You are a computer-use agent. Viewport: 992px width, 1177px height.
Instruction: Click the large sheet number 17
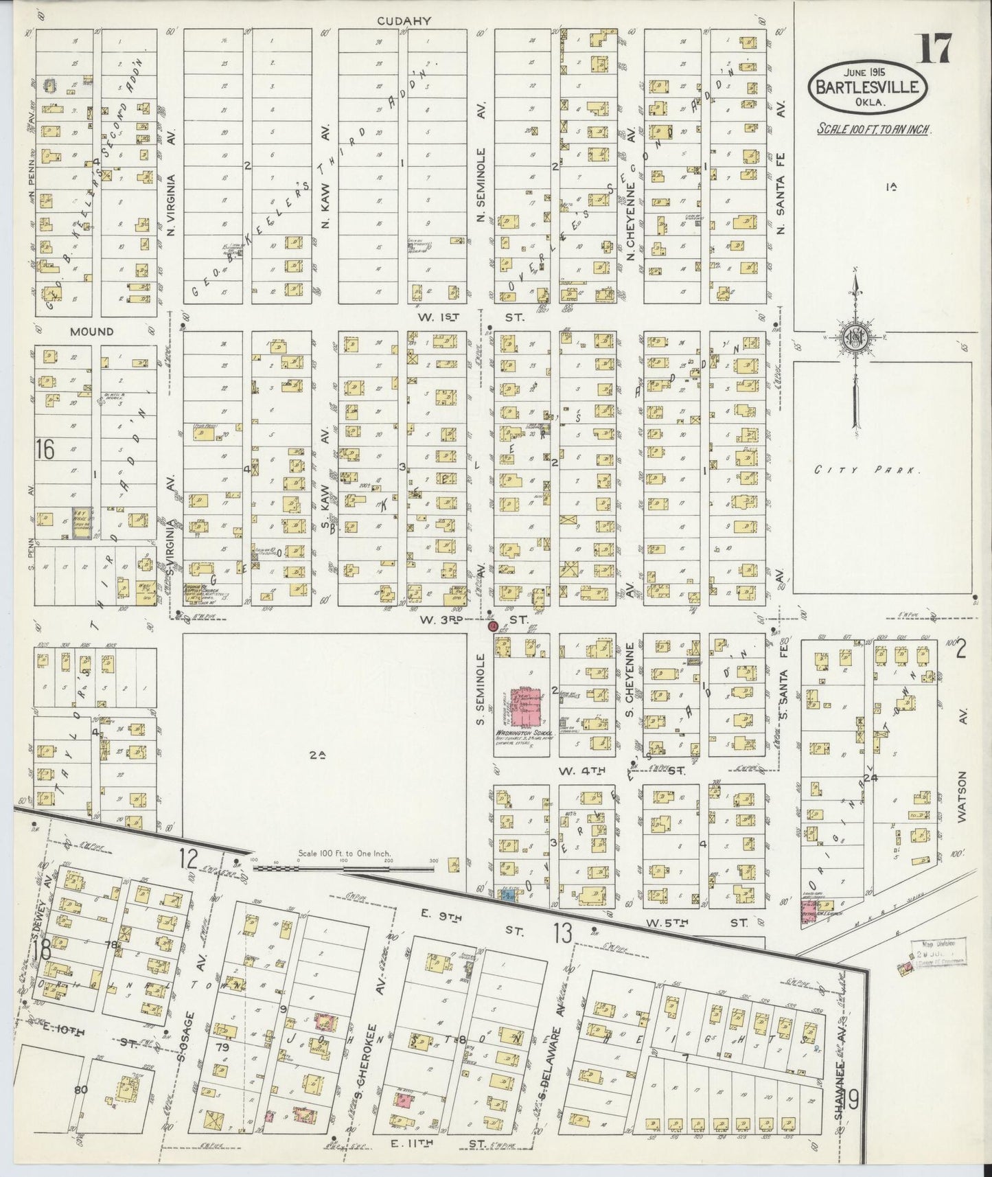point(934,48)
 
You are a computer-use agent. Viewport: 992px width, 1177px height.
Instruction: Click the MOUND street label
point(91,332)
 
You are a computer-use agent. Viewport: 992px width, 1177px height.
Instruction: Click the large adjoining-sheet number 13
point(562,933)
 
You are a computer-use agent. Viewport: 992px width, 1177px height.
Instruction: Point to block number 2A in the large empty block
point(316,755)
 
